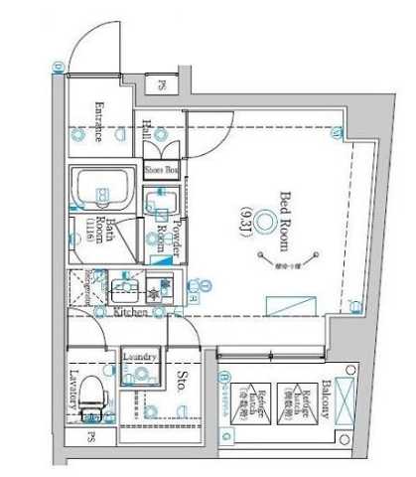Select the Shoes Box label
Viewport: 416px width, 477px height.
(163, 170)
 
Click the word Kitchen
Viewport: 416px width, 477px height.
(131, 312)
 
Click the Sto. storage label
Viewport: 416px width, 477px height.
(183, 382)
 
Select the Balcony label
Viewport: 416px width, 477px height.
(325, 403)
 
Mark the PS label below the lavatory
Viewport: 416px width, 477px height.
(90, 438)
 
